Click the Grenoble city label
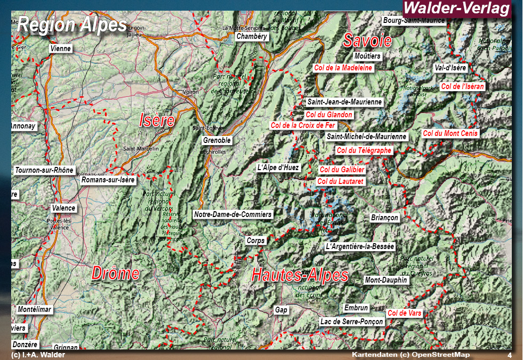[217, 140]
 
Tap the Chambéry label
[252, 37]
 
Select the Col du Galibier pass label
[342, 170]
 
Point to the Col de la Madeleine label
[343, 68]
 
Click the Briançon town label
[384, 218]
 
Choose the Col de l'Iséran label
[462, 86]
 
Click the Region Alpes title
[72, 24]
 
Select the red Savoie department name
[367, 41]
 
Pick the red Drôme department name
[115, 274]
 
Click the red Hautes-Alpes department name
[300, 275]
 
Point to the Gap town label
[281, 310]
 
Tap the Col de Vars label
[404, 313]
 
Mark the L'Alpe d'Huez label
[278, 167]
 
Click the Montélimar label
[34, 309]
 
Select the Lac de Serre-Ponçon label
[351, 322]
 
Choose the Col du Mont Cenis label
[450, 133]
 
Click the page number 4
[509, 355]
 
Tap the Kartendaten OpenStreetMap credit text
[411, 355]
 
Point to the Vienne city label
[60, 49]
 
